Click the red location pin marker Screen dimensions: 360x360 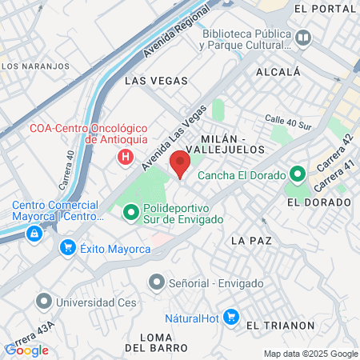(180, 165)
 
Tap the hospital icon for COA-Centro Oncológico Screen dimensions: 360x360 (125, 158)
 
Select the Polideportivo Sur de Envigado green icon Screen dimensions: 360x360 (130, 214)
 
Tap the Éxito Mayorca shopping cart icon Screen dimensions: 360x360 (68, 250)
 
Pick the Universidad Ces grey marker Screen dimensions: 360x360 (42, 302)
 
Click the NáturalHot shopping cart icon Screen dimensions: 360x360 (231, 317)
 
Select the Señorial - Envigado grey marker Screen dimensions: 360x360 (156, 282)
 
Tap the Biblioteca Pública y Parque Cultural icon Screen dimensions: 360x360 (303, 38)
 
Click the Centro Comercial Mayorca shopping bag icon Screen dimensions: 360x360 (34, 234)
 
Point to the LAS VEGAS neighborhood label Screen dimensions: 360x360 (157, 81)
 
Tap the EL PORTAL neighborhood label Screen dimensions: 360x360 (325, 9)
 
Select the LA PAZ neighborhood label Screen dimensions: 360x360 (250, 240)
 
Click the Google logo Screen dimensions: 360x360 (26, 350)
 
